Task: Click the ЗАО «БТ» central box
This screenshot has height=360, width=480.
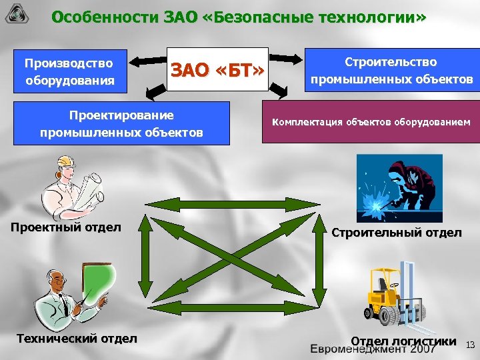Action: [x=217, y=69]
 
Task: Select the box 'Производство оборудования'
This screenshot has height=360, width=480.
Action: [x=69, y=72]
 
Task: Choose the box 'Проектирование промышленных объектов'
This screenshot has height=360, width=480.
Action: [x=122, y=123]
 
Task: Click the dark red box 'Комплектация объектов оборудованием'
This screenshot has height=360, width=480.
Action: [x=370, y=122]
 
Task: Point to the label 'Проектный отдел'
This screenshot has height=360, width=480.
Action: [x=66, y=227]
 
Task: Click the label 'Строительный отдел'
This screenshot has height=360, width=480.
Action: [x=397, y=232]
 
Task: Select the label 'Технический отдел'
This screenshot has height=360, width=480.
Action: [x=77, y=339]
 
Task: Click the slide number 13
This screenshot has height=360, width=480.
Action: [x=470, y=345]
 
